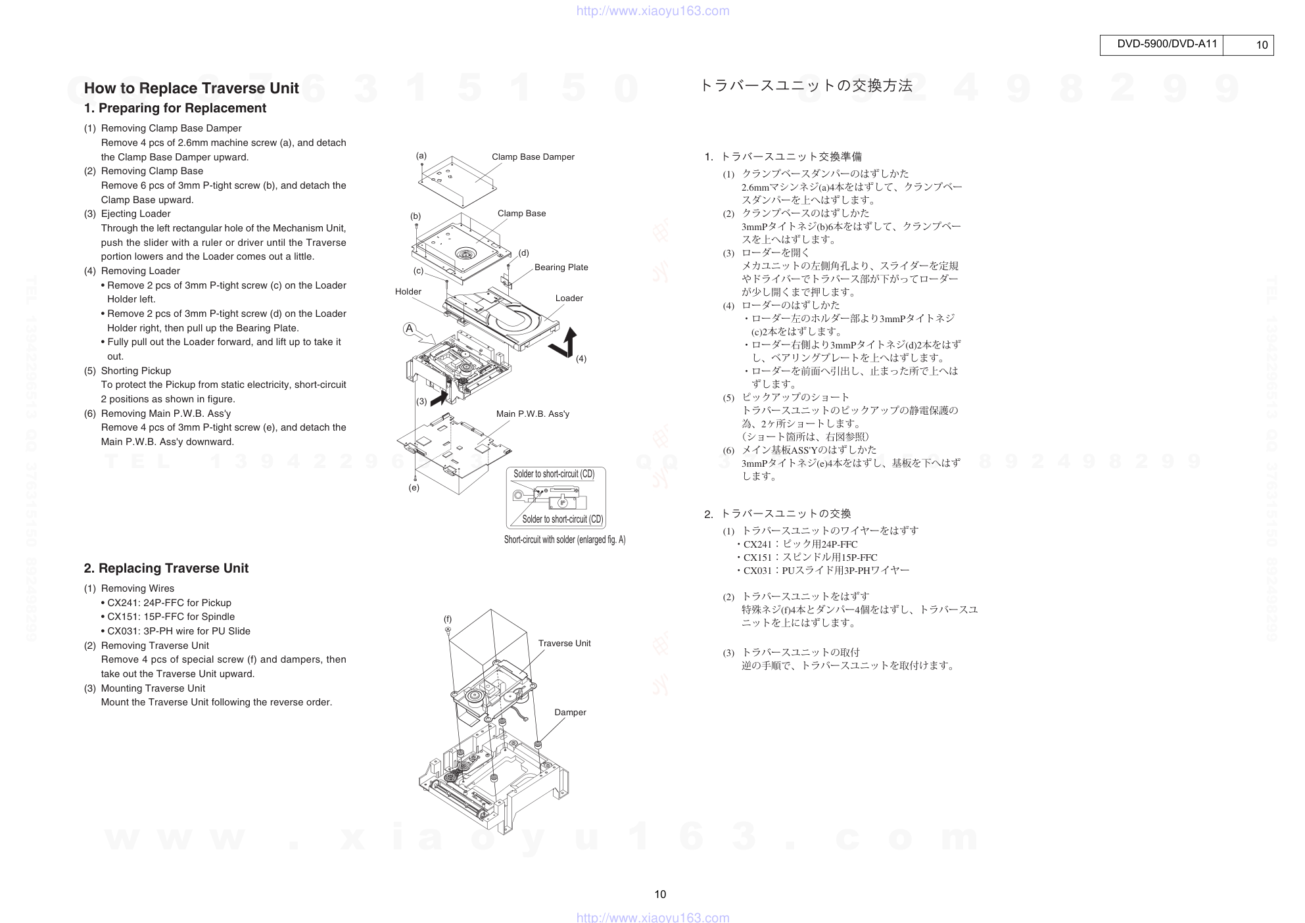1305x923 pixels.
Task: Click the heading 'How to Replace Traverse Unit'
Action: (x=191, y=88)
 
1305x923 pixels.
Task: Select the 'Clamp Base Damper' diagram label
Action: (x=533, y=156)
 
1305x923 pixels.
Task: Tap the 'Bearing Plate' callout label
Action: (x=561, y=267)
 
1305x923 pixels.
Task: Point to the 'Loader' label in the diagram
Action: (x=569, y=298)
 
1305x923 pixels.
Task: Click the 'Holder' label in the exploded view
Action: (x=408, y=291)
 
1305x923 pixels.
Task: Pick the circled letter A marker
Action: (x=410, y=329)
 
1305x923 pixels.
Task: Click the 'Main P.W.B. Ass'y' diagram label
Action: (x=533, y=414)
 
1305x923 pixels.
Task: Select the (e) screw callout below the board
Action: (x=414, y=488)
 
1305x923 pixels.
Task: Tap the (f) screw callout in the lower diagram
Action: (x=448, y=619)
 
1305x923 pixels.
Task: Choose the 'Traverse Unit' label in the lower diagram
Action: (x=564, y=643)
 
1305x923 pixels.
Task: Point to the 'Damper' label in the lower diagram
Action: (x=570, y=712)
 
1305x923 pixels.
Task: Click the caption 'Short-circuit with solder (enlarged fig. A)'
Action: (x=565, y=540)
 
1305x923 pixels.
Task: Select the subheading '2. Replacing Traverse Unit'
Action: (x=166, y=568)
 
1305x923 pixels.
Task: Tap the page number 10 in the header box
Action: (x=1262, y=45)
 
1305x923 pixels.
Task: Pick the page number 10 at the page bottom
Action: (x=660, y=894)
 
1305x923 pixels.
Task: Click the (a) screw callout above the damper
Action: (x=421, y=156)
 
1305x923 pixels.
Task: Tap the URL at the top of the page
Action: (x=653, y=11)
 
